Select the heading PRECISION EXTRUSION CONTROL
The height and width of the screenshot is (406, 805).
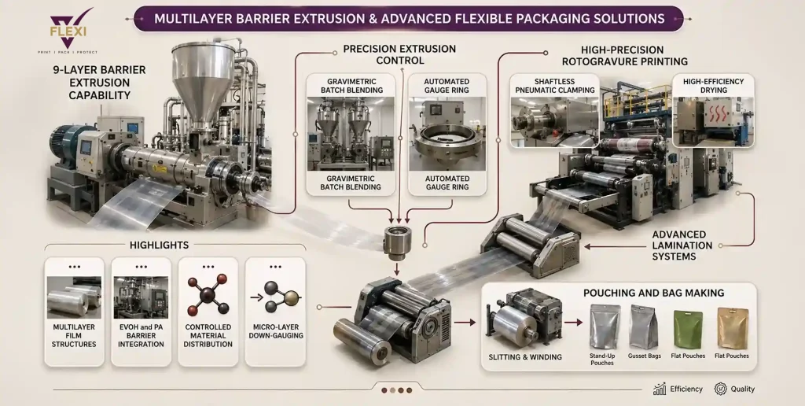399,54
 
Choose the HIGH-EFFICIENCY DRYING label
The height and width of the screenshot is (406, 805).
714,86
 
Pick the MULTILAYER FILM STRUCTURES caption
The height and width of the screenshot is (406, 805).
74,336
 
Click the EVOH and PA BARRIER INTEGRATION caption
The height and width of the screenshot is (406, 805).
141,336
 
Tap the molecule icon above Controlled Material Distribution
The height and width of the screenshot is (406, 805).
208,294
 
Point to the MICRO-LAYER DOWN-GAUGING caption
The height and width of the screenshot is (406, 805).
275,331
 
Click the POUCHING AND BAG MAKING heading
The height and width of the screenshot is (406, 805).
653,293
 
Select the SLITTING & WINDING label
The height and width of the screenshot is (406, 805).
525,356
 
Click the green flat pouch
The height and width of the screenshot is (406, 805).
687,329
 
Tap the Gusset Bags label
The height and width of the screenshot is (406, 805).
645,356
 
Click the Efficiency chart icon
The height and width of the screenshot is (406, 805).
660,389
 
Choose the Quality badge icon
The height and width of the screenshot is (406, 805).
720,389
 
